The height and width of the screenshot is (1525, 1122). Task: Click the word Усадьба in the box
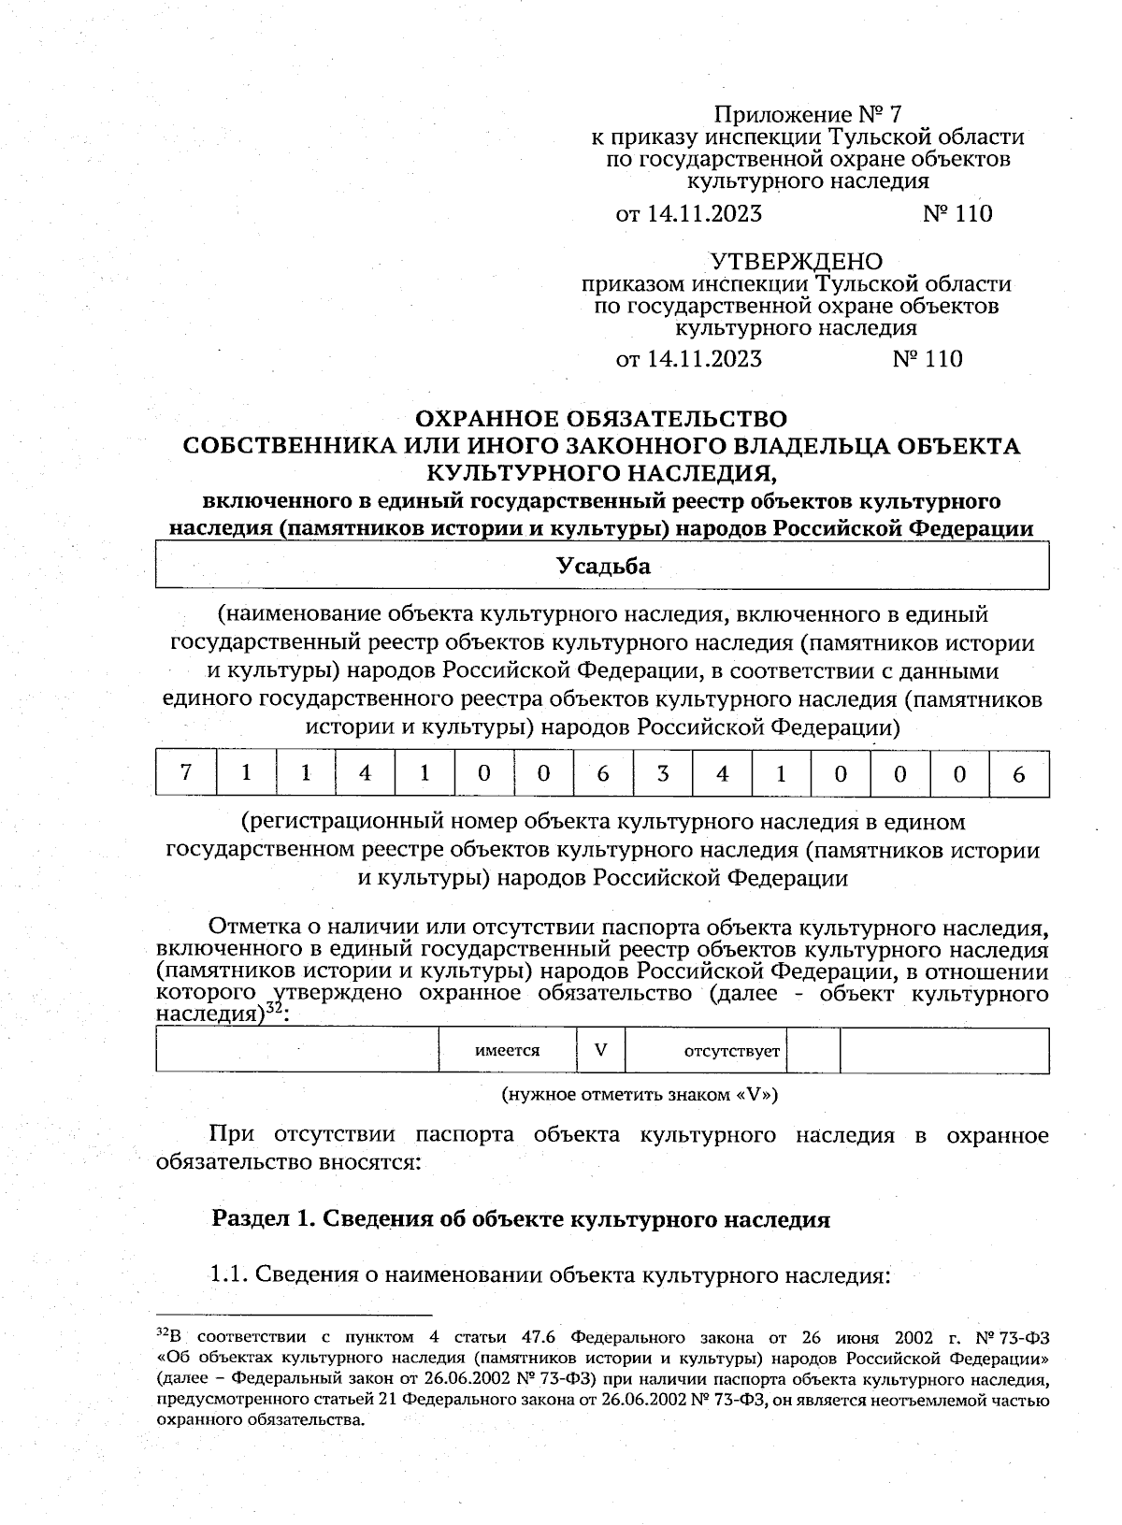(603, 566)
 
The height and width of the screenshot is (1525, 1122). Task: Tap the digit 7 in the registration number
(186, 772)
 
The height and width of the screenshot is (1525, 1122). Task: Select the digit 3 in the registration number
(663, 773)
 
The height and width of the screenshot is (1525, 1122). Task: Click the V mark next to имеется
(600, 1049)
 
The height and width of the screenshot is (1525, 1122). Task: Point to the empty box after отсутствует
(813, 1050)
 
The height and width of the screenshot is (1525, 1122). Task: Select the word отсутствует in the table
(732, 1051)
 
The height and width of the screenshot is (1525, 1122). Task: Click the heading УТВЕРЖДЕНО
(797, 261)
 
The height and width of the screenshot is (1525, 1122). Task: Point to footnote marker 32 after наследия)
(274, 1008)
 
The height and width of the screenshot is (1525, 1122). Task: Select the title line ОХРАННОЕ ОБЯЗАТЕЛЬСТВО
(601, 418)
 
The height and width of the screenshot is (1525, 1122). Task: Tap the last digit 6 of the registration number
(1019, 773)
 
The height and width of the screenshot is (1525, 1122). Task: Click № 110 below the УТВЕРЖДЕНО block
(928, 359)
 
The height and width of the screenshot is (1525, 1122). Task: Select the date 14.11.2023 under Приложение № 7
(703, 214)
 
